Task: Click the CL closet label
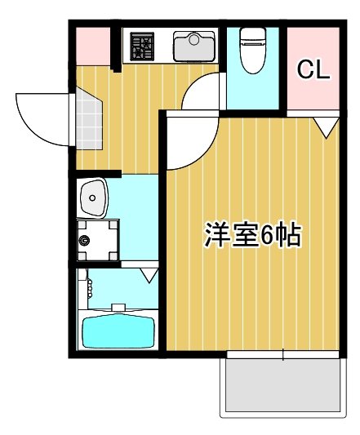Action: [313, 69]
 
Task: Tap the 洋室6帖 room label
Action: [252, 235]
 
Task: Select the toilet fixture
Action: [253, 51]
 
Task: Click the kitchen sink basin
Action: [194, 47]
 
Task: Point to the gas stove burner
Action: [142, 47]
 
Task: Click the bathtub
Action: [118, 332]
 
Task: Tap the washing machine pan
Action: [98, 240]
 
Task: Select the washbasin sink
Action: [93, 198]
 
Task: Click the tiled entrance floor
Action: [88, 118]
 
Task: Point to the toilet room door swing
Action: [200, 91]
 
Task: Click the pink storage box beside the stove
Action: [93, 47]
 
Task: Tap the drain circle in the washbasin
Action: [92, 198]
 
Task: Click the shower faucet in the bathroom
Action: [90, 289]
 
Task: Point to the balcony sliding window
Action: [282, 354]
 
